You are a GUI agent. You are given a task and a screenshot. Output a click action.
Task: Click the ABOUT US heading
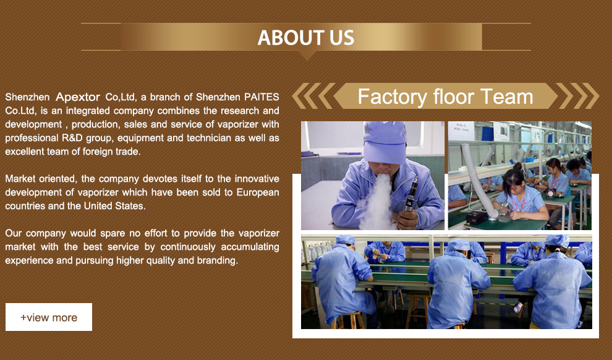pyautogui.click(x=305, y=38)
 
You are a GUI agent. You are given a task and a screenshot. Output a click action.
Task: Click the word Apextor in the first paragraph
pyautogui.click(x=78, y=97)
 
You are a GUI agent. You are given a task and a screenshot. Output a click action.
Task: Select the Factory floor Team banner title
pyautogui.click(x=445, y=96)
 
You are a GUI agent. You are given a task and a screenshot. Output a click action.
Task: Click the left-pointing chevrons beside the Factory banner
pyautogui.click(x=313, y=96)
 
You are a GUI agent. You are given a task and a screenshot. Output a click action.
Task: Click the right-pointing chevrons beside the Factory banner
pyautogui.click(x=577, y=96)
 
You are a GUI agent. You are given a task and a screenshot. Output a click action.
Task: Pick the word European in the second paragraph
pyautogui.click(x=258, y=192)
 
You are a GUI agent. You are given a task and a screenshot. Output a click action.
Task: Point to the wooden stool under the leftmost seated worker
pyautogui.click(x=348, y=321)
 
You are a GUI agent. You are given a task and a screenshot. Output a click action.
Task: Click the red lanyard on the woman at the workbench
pyautogui.click(x=518, y=204)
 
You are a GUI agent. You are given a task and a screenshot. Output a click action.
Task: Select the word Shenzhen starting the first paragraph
pyautogui.click(x=27, y=97)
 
